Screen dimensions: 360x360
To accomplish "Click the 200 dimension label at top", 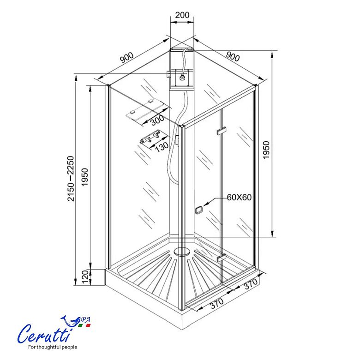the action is tap(182, 15).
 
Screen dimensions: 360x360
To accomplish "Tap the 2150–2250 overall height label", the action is tap(71, 179).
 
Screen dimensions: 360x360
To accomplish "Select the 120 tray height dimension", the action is tap(85, 277).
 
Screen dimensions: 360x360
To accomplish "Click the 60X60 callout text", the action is tap(239, 197).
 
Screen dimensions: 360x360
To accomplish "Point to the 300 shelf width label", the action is tap(157, 120).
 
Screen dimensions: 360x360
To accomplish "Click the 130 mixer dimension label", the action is tap(162, 147).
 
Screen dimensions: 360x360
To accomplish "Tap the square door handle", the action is tap(199, 210).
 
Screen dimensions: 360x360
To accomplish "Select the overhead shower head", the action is tap(182, 78).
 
